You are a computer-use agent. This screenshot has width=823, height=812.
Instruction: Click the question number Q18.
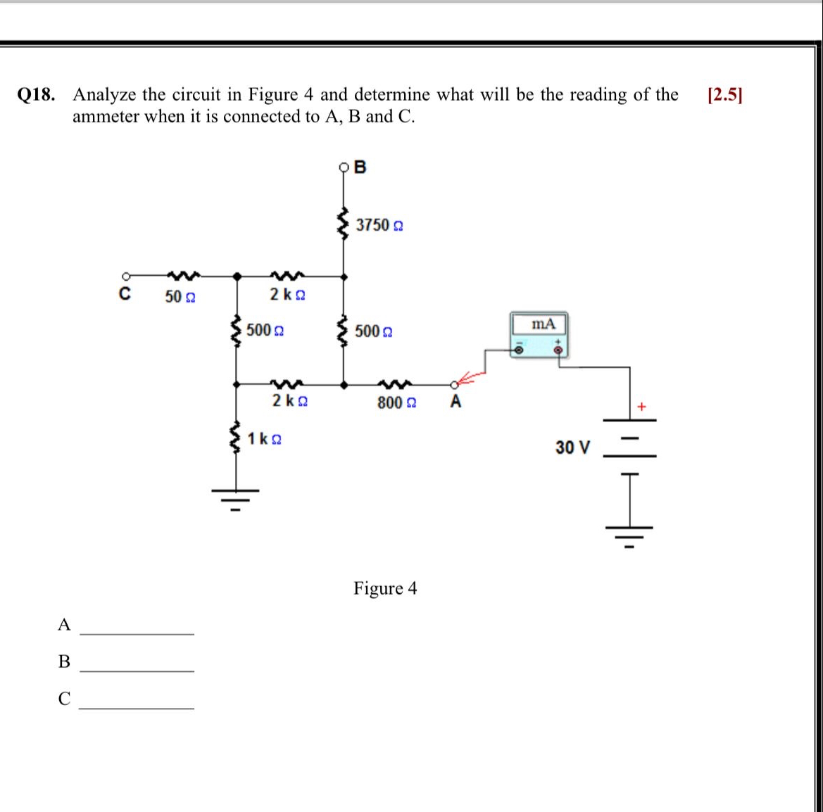coord(36,95)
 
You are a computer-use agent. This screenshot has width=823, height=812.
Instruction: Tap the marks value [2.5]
coord(725,95)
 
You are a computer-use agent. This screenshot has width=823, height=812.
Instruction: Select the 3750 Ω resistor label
coord(379,225)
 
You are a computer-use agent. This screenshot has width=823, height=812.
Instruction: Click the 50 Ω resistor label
coord(180,297)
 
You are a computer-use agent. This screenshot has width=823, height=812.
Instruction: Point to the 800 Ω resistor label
coord(396,403)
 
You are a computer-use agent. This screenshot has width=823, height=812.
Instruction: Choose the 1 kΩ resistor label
coord(265,439)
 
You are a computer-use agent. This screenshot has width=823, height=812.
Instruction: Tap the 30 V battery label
coord(572,448)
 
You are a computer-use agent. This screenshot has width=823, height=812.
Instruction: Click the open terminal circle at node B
coord(344,167)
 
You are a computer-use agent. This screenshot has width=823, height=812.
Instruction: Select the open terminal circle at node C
coord(125,277)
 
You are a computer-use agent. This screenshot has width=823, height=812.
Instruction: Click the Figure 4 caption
coord(385,588)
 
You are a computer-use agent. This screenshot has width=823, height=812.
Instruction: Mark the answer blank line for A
coord(137,633)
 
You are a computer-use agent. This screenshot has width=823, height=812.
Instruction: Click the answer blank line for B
coord(137,671)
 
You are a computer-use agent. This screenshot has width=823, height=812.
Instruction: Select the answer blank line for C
coord(137,707)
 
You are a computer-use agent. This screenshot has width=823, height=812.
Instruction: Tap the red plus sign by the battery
coord(641,407)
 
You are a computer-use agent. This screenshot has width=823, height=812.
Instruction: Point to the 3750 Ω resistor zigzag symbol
coord(344,224)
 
